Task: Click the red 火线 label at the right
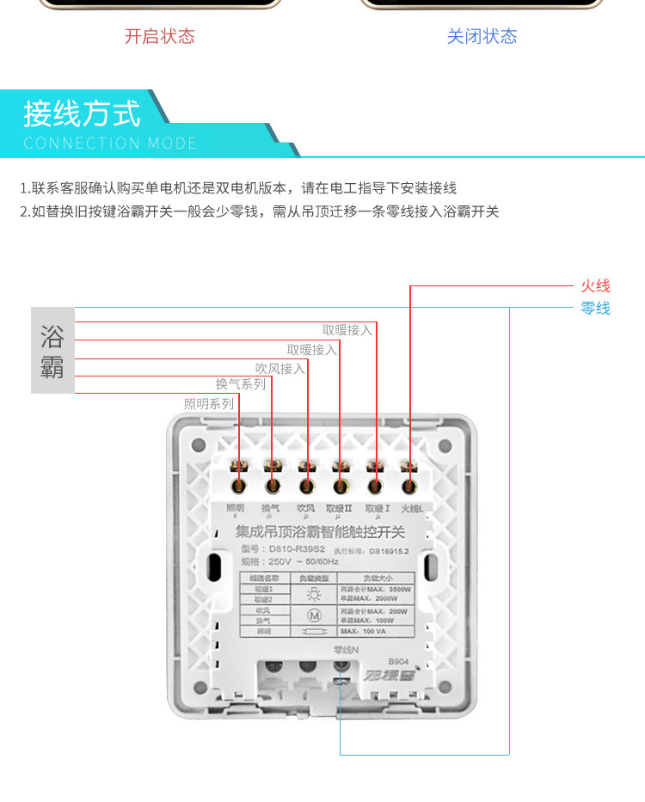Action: click(595, 286)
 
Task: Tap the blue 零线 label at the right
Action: click(595, 308)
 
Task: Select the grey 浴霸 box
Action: click(52, 350)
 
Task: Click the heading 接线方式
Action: click(82, 113)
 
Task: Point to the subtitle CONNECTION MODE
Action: click(110, 144)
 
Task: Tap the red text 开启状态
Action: click(160, 36)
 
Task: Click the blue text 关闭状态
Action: click(482, 36)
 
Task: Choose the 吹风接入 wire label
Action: click(280, 368)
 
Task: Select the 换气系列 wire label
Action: click(240, 384)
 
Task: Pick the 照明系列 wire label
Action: click(208, 403)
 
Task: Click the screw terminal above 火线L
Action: click(409, 486)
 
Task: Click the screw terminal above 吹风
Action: click(305, 486)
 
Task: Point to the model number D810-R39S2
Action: click(296, 548)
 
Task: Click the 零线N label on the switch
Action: click(346, 649)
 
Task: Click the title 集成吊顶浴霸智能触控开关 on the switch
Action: click(327, 531)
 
